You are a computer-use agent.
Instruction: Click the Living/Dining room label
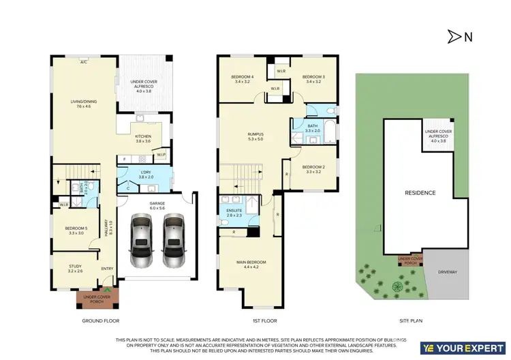[x=84, y=104]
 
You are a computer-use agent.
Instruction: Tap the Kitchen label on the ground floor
[x=143, y=139]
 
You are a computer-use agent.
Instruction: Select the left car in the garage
[x=141, y=241]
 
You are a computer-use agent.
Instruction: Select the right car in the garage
[x=172, y=241]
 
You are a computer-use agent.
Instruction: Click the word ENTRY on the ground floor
[x=108, y=269]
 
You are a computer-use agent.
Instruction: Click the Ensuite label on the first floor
[x=234, y=212]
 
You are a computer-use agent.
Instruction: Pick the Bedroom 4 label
[x=243, y=78]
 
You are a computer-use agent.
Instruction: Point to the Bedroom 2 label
[x=313, y=169]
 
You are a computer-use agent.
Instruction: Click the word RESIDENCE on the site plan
[x=420, y=193]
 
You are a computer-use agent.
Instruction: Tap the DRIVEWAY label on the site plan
[x=447, y=272]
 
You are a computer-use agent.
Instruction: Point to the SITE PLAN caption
[x=411, y=320]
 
